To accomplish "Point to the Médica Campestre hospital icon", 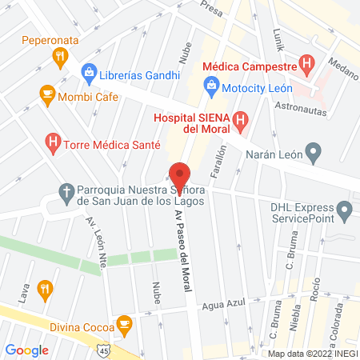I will tap(305, 62).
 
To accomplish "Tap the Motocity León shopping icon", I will tap(210, 84).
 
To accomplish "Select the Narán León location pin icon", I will tap(314, 150).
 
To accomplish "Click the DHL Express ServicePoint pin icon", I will tap(346, 212).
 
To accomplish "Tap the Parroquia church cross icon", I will tap(66, 192).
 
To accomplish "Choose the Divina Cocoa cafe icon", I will tap(123, 324).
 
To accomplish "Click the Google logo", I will tap(27, 350).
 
